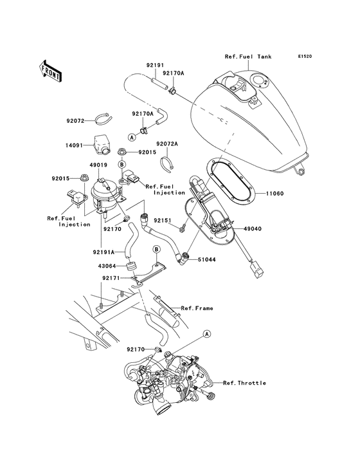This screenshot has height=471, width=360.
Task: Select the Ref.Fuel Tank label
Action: click(248, 57)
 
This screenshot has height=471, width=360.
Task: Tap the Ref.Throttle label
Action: click(244, 383)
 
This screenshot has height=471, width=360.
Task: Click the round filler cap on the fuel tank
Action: click(258, 82)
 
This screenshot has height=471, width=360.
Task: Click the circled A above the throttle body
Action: click(207, 334)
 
